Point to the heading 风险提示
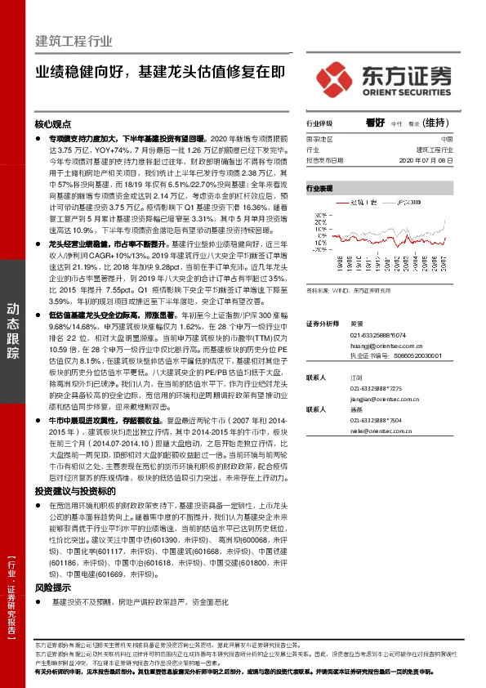coord(52,587)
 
